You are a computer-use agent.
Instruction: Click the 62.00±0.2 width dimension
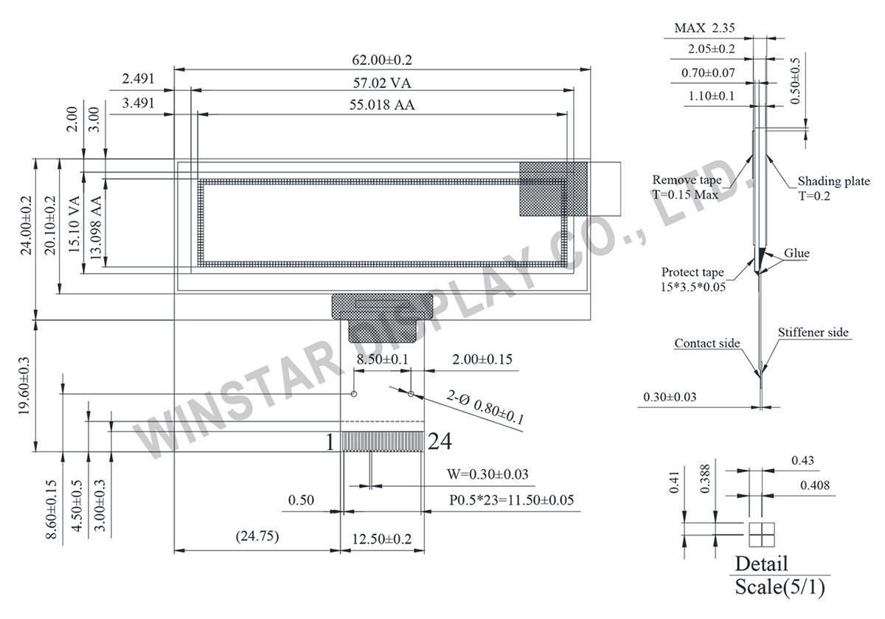(x=382, y=60)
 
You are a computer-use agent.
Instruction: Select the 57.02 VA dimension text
(x=382, y=83)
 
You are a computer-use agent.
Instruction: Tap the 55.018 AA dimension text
(x=382, y=105)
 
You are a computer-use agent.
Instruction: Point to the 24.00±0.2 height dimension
(x=26, y=225)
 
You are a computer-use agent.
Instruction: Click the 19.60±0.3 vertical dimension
(x=24, y=385)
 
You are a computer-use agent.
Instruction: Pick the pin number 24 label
(x=440, y=441)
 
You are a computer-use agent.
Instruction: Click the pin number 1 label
(x=330, y=442)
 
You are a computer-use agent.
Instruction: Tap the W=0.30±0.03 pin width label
(x=487, y=474)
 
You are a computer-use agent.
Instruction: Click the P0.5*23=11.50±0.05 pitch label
(x=511, y=500)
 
